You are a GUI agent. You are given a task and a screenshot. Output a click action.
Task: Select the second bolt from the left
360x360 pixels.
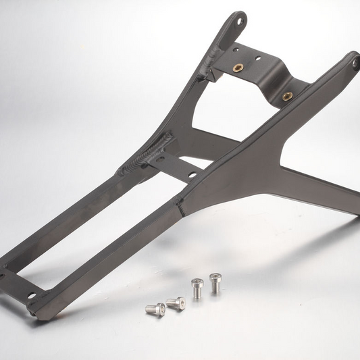176,303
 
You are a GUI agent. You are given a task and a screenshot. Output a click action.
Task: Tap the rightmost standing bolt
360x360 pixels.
215,282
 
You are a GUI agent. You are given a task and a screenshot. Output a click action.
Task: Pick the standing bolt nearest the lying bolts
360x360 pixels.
197,287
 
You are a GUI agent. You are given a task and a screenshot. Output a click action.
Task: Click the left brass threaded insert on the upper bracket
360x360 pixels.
238,67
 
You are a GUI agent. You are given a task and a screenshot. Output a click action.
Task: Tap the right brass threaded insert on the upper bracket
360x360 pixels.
287,95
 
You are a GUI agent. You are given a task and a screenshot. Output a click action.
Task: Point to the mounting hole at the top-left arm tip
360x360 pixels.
238,21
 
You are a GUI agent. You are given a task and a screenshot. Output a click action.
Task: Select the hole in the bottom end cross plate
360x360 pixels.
30,295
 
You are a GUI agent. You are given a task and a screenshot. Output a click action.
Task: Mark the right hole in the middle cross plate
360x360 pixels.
192,174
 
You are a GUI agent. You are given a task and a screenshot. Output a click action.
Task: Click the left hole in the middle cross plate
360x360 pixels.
159,158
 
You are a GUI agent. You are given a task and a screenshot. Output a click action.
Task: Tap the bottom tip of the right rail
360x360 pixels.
41,313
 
